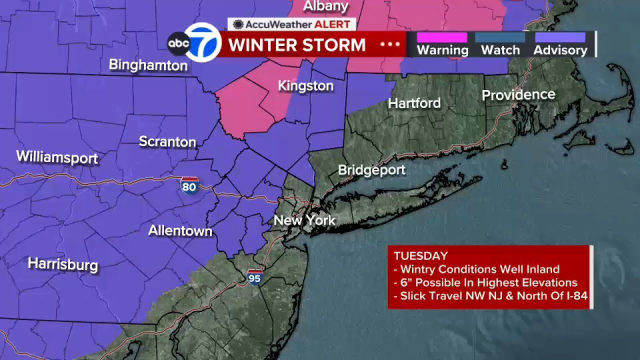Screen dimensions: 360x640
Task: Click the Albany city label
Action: [x=325, y=6]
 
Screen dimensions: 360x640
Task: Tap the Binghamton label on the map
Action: [x=148, y=65]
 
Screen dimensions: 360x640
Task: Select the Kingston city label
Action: [x=305, y=86]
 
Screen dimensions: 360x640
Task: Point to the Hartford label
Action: [x=414, y=103]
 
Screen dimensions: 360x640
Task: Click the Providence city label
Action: [x=518, y=95]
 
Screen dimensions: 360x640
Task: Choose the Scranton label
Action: [x=167, y=141]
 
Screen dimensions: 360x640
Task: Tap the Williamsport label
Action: [x=57, y=157]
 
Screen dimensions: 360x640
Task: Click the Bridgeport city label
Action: [x=371, y=170]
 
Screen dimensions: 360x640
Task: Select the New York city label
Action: [x=304, y=220]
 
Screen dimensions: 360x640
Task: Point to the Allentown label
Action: [x=180, y=230]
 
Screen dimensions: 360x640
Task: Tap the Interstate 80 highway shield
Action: [x=189, y=185]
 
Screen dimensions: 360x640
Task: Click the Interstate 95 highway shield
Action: [x=254, y=276]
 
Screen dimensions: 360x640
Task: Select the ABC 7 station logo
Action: [x=194, y=43]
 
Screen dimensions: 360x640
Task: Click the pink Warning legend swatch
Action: [x=442, y=37]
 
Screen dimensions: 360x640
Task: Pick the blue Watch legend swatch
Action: [x=500, y=37]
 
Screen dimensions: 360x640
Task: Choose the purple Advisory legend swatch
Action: [x=560, y=37]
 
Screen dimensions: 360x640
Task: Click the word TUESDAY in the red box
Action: [x=420, y=256]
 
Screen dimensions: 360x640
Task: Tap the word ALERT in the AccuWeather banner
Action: [x=334, y=24]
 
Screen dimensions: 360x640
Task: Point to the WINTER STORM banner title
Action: [x=297, y=45]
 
